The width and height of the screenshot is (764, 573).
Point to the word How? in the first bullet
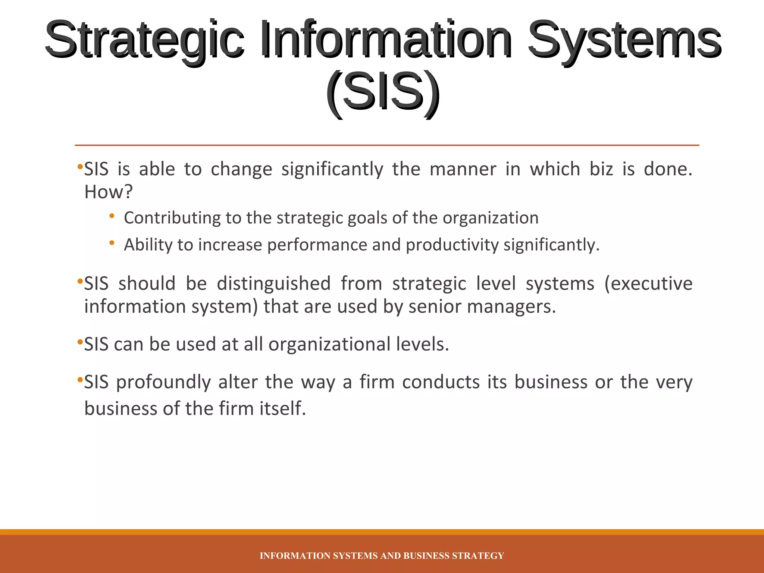click(109, 192)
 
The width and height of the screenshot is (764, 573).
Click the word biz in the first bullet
click(601, 169)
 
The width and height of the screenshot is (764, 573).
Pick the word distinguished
click(273, 284)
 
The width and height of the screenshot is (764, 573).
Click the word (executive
click(648, 284)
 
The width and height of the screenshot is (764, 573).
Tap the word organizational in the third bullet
click(329, 344)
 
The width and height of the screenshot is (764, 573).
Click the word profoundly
click(163, 382)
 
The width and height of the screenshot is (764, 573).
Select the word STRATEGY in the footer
click(478, 556)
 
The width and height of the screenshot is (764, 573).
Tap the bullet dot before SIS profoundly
click(79, 380)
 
